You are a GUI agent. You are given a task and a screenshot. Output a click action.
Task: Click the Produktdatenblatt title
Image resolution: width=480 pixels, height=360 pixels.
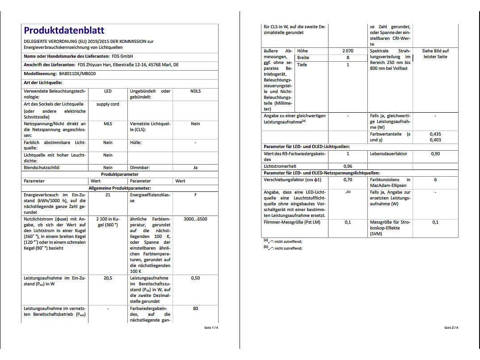64,30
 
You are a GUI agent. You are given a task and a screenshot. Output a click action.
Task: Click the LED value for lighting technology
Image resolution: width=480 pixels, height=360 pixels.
108,91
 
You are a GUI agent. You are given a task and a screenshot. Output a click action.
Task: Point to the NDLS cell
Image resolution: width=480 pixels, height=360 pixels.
195,91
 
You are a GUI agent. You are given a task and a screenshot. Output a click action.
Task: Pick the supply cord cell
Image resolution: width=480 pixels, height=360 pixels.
108,104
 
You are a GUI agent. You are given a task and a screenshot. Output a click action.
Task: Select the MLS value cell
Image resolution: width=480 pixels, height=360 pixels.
108,124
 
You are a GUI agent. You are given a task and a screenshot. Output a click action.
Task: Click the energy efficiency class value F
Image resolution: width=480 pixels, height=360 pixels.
195,195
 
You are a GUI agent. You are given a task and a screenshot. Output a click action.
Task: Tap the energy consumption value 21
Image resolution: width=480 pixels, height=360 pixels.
108,195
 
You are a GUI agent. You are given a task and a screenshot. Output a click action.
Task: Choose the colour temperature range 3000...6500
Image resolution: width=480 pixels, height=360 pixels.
195,219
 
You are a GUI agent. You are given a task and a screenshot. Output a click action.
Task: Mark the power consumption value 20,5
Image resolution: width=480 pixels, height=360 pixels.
108,278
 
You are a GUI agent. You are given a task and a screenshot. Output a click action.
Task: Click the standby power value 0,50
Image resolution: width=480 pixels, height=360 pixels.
195,278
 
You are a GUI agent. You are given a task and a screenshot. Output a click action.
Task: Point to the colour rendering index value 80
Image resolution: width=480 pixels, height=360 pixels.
195,309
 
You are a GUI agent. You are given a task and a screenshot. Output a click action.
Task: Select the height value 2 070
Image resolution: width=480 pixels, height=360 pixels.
348,51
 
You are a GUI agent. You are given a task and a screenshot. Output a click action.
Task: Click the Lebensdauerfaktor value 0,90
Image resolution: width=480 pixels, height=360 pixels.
435,154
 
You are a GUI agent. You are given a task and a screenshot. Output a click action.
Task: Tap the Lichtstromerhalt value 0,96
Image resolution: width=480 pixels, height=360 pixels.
348,166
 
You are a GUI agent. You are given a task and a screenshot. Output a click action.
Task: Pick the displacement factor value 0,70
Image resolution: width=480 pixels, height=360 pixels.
348,180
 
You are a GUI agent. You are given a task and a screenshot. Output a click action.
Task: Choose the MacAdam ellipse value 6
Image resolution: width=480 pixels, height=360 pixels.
435,180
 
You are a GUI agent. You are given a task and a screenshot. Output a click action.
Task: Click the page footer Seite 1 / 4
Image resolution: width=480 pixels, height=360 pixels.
211,328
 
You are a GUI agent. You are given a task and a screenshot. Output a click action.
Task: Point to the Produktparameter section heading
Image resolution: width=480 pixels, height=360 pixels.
119,174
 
